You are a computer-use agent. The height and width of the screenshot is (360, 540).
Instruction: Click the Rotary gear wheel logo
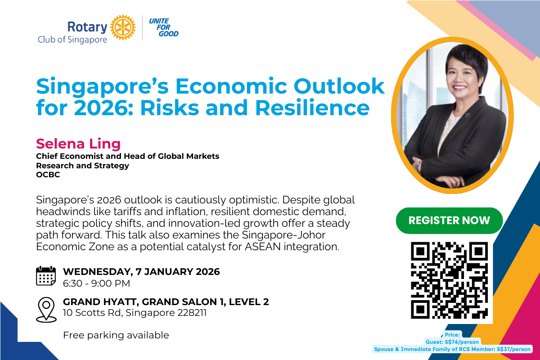coord(123,27)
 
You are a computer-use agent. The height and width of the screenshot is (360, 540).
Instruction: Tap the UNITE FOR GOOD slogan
coord(164,27)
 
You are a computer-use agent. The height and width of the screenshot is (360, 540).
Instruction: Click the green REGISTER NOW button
coord(449,220)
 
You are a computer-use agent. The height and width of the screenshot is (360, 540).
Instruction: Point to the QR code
coord(449,280)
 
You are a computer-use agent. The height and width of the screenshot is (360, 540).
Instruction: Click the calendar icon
coord(46,276)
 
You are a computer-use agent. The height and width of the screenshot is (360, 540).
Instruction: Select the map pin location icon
coord(46,310)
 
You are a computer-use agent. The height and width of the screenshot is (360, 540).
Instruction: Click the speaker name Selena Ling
coord(78,144)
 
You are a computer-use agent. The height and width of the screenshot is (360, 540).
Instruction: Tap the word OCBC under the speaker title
coord(48,174)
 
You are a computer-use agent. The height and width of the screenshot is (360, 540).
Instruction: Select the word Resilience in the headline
coord(312,108)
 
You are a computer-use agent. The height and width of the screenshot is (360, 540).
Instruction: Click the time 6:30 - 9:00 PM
coord(96,283)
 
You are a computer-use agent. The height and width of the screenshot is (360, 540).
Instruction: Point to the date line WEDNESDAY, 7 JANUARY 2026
coord(141,271)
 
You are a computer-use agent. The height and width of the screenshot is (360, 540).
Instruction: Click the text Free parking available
coord(116,335)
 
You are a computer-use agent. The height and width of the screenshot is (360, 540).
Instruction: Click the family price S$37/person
coord(514,349)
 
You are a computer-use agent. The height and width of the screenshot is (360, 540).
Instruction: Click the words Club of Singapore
coord(72,40)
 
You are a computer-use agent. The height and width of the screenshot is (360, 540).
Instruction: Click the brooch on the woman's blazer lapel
coord(468,115)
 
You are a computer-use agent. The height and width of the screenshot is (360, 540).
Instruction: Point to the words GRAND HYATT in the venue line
coord(100,302)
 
